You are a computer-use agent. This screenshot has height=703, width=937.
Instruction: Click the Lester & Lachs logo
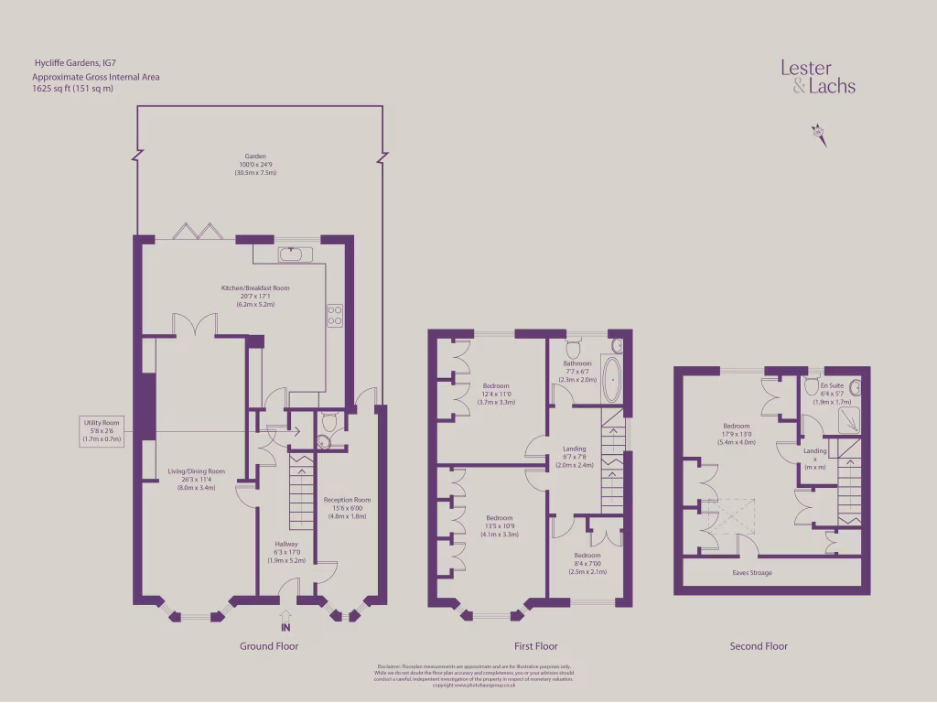pos(817,77)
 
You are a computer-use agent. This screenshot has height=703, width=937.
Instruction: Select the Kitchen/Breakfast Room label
pos(255,296)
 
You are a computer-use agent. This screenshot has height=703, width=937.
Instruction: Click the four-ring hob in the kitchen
pos(335,316)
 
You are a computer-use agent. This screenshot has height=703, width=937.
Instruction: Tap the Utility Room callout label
pos(101,430)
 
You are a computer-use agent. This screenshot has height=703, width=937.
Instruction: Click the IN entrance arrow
pos(285,622)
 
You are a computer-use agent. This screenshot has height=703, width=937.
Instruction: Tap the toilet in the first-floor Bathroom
pos(574,348)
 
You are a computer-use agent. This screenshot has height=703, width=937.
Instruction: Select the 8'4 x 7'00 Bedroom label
pos(587,563)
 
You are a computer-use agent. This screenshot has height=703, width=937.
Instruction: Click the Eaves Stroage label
pos(752,573)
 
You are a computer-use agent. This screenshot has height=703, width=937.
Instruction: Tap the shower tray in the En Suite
pos(850,419)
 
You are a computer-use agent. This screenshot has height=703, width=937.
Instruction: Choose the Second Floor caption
pos(759,646)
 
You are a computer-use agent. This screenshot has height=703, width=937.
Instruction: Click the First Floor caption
pos(531,646)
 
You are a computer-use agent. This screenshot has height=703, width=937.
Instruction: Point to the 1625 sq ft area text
pos(73,89)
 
